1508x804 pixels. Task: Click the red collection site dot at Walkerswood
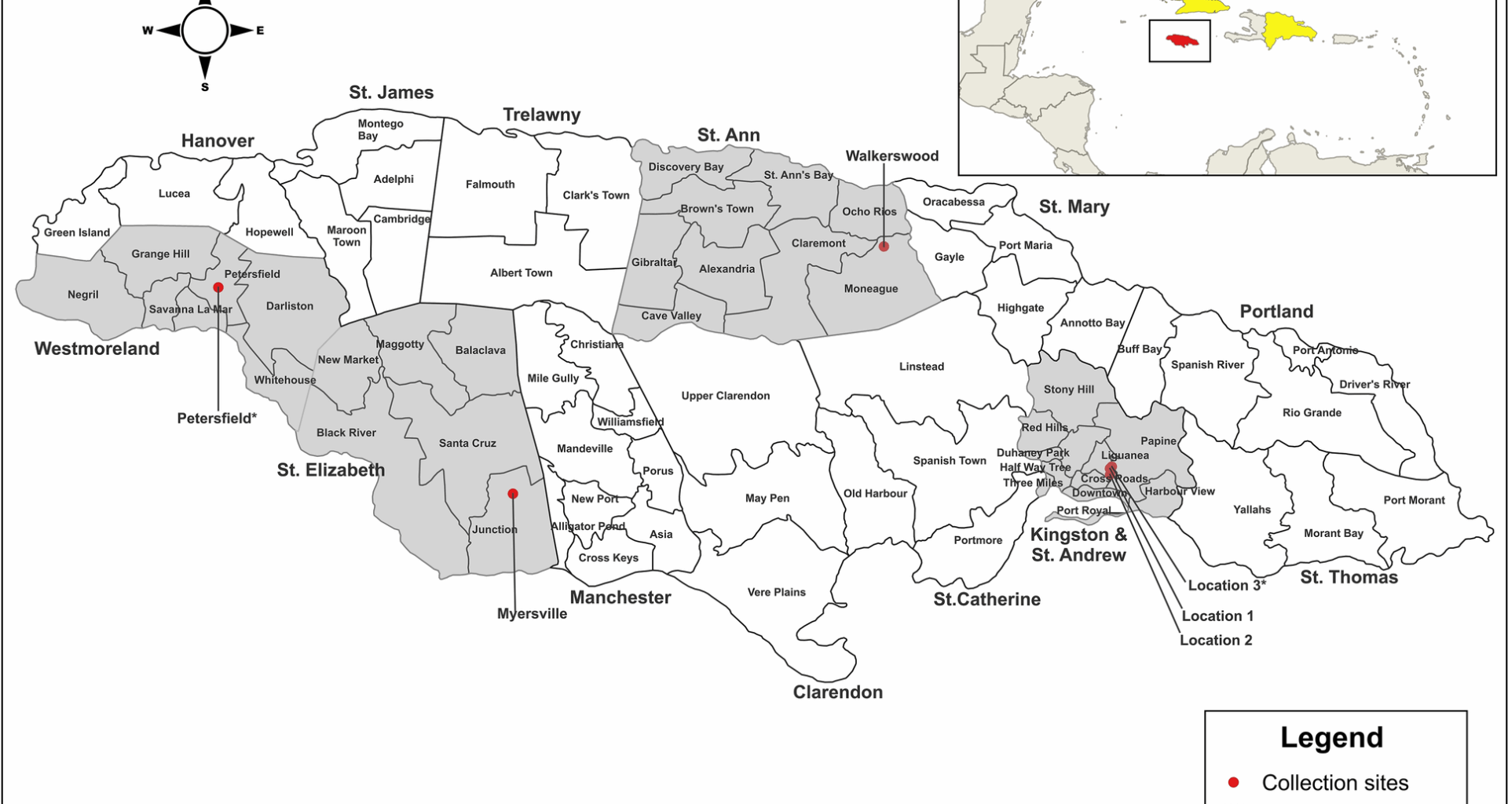coord(884,247)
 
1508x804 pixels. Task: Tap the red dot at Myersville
coord(513,494)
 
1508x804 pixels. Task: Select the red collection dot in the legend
coord(1233,782)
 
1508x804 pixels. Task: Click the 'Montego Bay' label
coord(380,130)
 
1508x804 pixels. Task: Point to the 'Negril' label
coord(83,294)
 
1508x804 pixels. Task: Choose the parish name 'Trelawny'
coord(541,115)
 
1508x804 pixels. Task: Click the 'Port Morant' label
coord(1414,500)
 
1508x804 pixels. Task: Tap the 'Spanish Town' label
coord(949,461)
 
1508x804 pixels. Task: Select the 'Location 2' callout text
coord(1216,640)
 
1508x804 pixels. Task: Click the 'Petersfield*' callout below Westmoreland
coord(217,418)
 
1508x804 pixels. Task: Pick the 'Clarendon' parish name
coord(837,692)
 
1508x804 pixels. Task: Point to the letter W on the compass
coord(147,31)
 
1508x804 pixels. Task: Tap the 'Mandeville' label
coord(584,449)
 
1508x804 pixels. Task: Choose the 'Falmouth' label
coord(490,185)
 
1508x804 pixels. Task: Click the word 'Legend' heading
coord(1331,737)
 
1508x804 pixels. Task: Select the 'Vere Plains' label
coord(776,592)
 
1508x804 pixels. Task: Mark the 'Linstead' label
coord(921,367)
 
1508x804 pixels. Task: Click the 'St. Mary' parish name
coord(1074,206)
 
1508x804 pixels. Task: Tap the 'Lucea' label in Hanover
coord(174,194)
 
